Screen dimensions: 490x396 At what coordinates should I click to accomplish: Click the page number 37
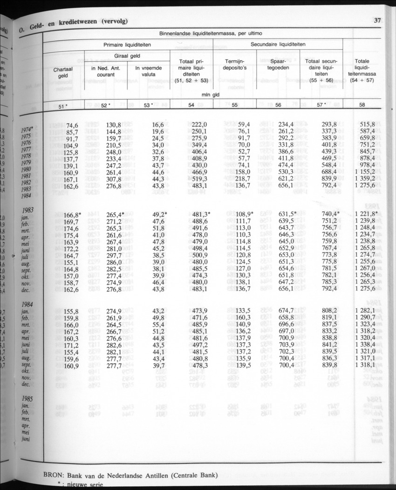(x=377, y=20)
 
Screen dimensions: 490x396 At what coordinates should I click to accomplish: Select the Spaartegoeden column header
(x=278, y=64)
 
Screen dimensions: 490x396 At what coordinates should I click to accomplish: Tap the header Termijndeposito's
(x=235, y=64)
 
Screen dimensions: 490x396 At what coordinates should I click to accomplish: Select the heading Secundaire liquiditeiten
(x=278, y=44)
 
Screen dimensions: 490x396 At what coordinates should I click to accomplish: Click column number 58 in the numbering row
(x=362, y=105)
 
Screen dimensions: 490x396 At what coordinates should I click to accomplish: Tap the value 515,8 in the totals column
(x=365, y=124)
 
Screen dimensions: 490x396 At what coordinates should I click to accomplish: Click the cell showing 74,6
(x=72, y=125)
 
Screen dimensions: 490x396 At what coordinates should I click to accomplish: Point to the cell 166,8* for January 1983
(x=73, y=215)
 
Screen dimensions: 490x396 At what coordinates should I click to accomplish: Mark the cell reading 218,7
(x=242, y=179)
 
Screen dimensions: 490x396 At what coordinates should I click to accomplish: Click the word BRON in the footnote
(x=54, y=476)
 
